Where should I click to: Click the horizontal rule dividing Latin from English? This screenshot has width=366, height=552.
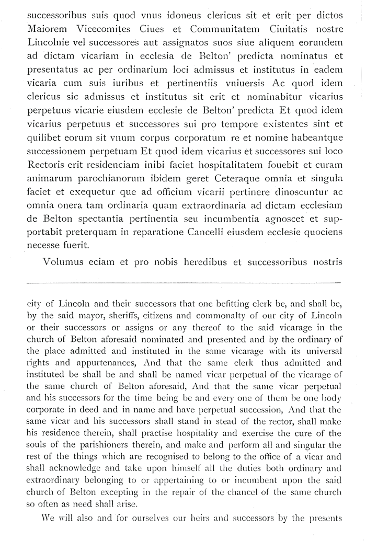click(183, 283)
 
